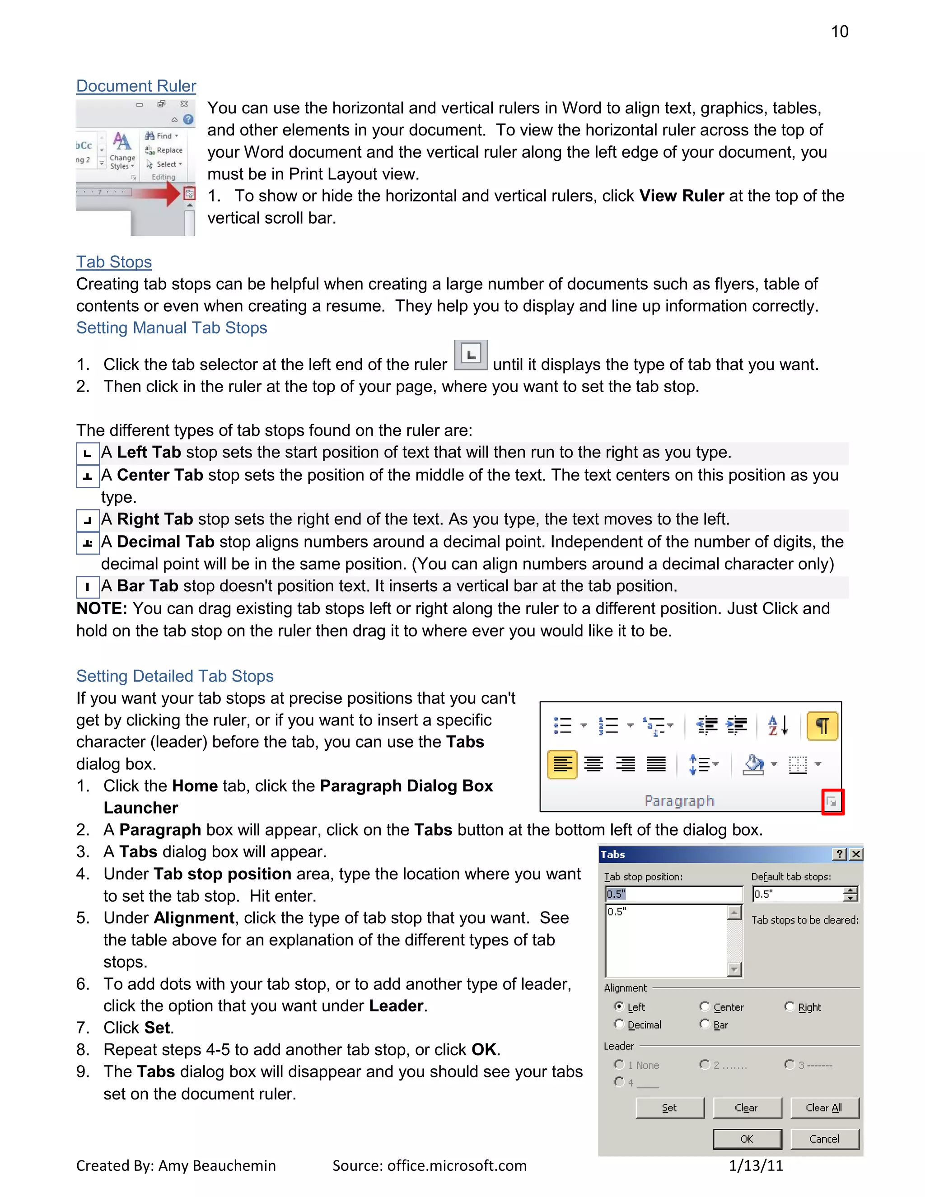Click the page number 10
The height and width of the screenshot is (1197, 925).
[839, 32]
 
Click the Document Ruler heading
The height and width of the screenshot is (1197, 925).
[136, 86]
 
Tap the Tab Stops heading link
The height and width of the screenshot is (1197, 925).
[114, 262]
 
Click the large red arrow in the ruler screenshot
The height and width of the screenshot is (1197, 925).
[159, 193]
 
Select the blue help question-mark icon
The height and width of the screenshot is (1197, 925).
[188, 120]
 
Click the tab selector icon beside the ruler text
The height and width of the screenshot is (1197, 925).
[471, 355]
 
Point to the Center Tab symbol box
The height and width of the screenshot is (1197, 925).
[88, 476]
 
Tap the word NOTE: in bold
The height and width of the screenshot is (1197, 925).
[102, 609]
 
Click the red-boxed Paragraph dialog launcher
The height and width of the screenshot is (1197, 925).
[832, 802]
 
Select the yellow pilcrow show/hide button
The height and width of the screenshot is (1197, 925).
[822, 726]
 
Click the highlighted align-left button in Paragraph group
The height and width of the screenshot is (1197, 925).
[562, 764]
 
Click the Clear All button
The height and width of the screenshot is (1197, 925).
[824, 1108]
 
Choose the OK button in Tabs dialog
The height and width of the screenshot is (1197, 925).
[747, 1139]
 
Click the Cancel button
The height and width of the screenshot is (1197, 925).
[824, 1139]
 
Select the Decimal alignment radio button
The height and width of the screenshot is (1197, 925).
[619, 1024]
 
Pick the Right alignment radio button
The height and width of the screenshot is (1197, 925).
[790, 1006]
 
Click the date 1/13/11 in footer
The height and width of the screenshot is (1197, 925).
[756, 1166]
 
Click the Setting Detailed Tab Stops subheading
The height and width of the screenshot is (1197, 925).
[175, 676]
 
